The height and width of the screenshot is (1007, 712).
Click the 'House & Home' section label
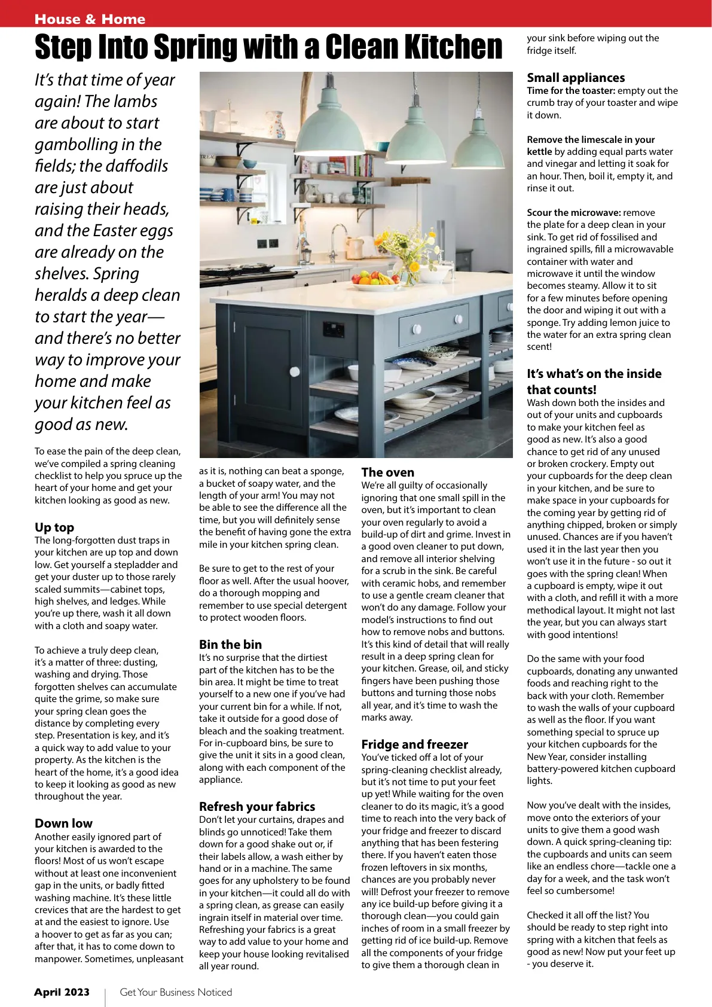click(90, 19)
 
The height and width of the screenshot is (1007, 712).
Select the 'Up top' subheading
click(54, 527)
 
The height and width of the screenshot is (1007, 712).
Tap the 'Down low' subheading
click(63, 823)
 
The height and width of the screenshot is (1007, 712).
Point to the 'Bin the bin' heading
click(230, 644)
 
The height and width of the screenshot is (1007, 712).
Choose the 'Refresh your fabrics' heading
click(257, 806)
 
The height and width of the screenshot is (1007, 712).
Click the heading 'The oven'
click(387, 472)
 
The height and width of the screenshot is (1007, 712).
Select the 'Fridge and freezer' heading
click(414, 744)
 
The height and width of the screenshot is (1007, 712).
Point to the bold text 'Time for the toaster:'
click(571, 90)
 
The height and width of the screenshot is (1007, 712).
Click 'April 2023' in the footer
click(62, 992)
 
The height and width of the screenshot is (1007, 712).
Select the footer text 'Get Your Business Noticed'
click(176, 992)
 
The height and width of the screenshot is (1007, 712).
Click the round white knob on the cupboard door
click(295, 371)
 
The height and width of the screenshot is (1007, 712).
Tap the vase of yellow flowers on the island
click(412, 272)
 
